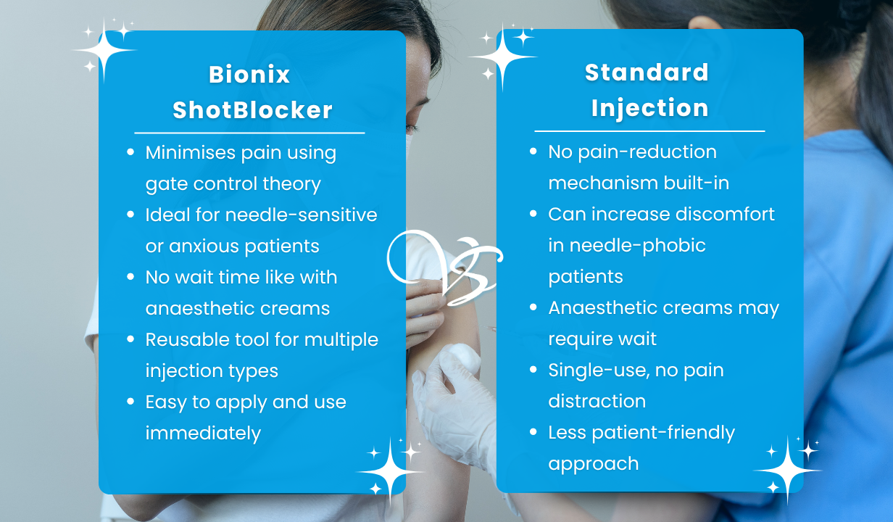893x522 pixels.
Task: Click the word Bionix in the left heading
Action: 249,75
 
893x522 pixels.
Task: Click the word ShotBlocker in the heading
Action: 252,110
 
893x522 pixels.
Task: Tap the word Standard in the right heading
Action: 647,72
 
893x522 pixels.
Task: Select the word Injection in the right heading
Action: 649,108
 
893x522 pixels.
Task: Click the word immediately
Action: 203,433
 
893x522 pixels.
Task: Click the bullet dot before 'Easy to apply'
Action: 130,402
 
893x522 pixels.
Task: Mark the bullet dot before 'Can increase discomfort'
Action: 533,214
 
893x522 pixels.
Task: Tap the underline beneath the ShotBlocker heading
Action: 249,133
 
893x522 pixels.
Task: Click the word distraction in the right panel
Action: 597,401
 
